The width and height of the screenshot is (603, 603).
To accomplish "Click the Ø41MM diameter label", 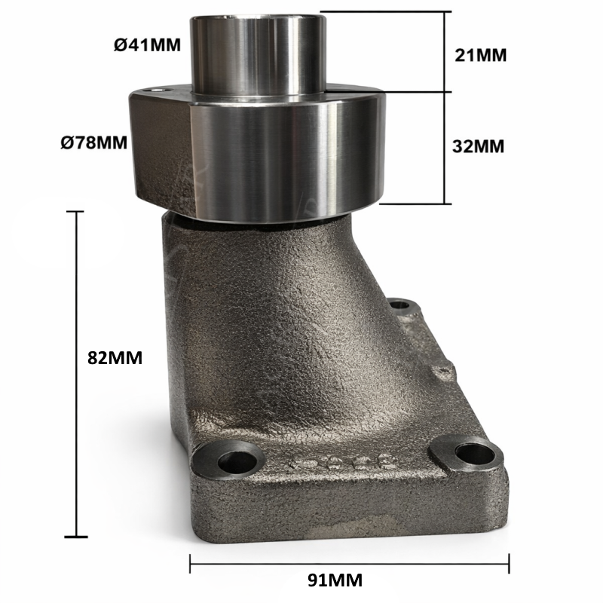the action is pos(147,45).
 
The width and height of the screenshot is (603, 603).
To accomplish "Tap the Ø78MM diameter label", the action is pos(93,142).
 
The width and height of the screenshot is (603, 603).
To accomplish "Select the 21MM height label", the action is pos(480,55).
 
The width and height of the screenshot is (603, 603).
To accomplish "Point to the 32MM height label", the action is pos(478,146).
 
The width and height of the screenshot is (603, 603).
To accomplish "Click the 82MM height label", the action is pos(115,357).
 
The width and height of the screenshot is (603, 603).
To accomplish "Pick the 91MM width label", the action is pos(335,580).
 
